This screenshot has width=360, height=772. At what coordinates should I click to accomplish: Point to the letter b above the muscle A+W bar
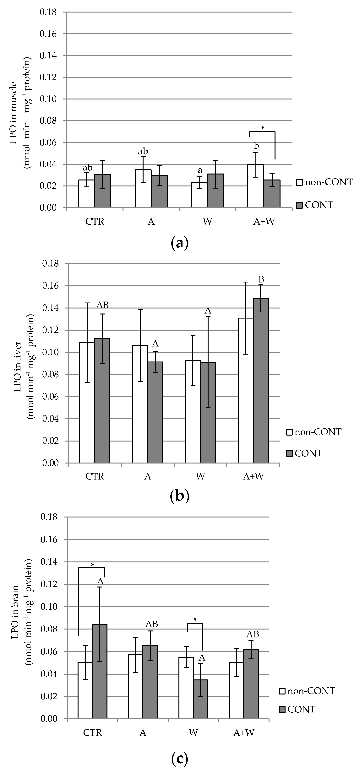pos(256,146)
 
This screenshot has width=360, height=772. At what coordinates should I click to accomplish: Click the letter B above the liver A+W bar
pos(261,280)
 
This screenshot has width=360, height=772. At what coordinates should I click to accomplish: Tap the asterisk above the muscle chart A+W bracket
pos(262,128)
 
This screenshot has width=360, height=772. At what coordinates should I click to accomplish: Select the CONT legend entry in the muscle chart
pos(315,205)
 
